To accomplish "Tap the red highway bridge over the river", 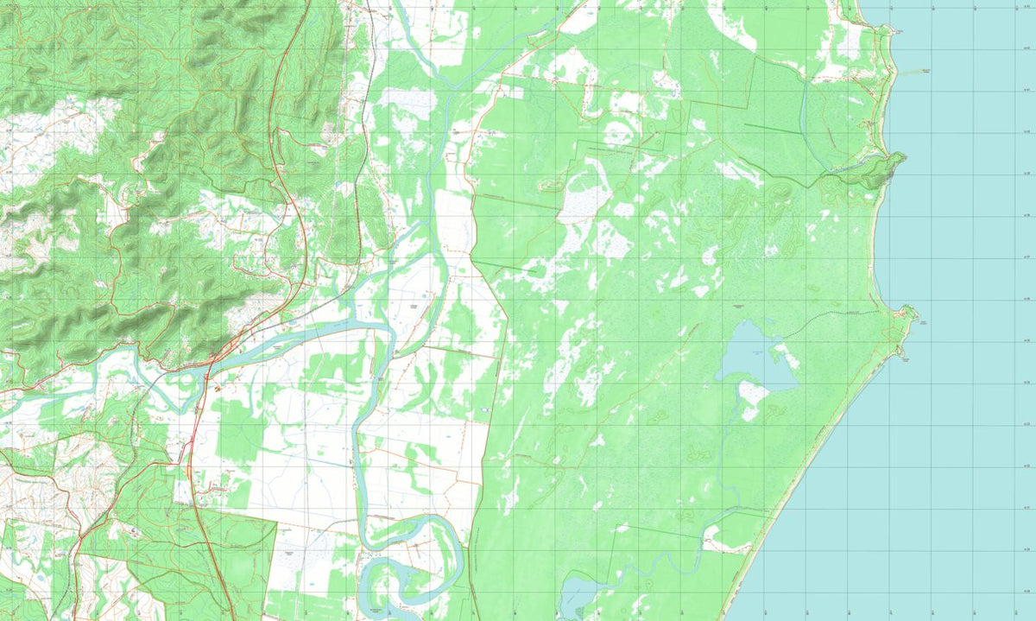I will pyautogui.click(x=210, y=367).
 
